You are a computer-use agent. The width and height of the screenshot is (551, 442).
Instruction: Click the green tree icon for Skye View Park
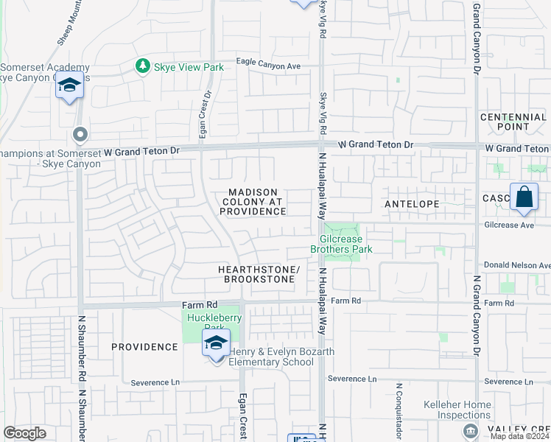point(142,67)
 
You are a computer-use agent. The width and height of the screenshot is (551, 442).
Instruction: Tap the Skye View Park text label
point(188,67)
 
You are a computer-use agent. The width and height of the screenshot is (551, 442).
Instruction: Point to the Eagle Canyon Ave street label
point(268,66)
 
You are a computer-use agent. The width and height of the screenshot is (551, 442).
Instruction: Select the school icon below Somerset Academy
point(69,88)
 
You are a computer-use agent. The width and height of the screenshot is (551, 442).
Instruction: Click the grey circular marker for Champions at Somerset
point(80,135)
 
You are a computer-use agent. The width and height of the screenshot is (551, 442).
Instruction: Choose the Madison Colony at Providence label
point(252,202)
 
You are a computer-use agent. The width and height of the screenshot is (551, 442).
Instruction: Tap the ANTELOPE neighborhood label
point(412,203)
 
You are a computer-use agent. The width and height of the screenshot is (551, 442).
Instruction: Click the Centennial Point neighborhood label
point(513,122)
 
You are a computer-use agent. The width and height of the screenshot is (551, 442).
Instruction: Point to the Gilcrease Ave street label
point(508,225)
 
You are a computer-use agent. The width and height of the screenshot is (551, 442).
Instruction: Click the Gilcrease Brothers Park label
point(345,244)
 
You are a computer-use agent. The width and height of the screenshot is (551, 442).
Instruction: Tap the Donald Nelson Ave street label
point(516,264)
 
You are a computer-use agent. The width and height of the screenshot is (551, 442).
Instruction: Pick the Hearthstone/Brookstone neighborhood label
point(259,275)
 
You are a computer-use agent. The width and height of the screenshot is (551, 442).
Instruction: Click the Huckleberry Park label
point(212,323)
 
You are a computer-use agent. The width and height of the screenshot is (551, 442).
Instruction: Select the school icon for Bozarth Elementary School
point(216,343)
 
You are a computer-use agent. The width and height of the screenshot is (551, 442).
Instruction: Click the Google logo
point(24,433)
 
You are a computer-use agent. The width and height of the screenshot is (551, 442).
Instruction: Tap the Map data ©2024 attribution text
point(519,436)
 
